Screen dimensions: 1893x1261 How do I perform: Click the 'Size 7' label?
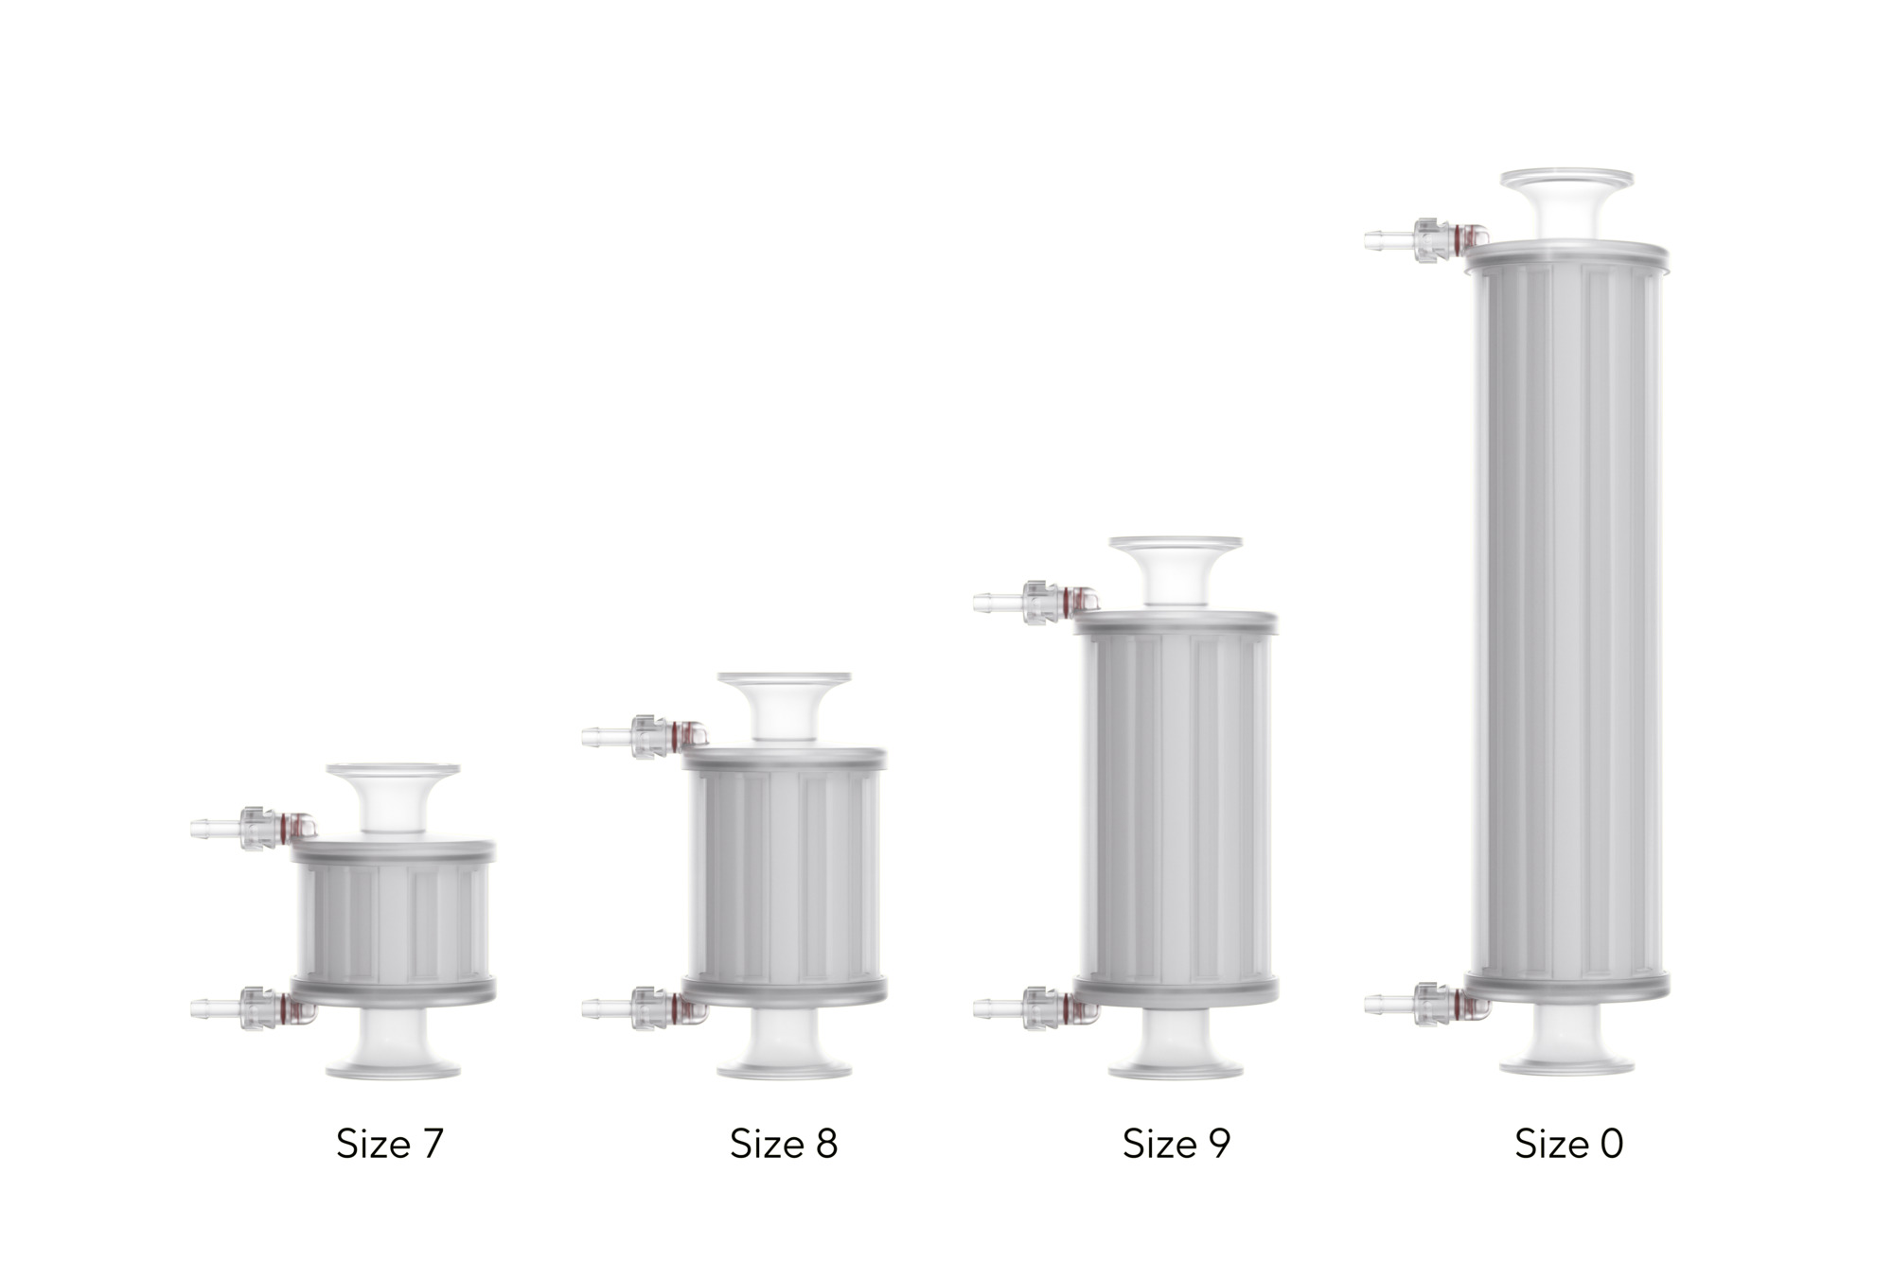pyautogui.click(x=389, y=1144)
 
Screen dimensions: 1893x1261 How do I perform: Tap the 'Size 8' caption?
pyautogui.click(x=784, y=1144)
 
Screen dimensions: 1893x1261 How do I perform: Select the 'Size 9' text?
pyautogui.click(x=1176, y=1144)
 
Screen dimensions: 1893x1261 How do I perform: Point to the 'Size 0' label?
pyautogui.click(x=1568, y=1144)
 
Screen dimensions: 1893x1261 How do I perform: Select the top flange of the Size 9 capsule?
pyautogui.click(x=1176, y=545)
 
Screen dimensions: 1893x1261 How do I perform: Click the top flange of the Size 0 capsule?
pyautogui.click(x=1566, y=178)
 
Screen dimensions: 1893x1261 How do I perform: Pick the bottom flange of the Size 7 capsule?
pyautogui.click(x=393, y=1069)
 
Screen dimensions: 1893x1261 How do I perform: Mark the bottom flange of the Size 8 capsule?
pyautogui.click(x=784, y=1069)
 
